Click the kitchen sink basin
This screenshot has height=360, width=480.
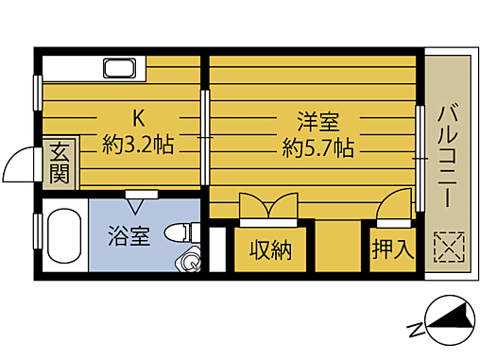coord(120,69)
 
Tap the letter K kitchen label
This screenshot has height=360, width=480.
coord(138,119)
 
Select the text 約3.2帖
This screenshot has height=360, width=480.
coord(138,146)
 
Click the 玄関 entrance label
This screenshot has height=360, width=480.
coord(60,162)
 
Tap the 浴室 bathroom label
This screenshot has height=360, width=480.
coord(128,235)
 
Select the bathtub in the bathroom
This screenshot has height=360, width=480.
coord(63,239)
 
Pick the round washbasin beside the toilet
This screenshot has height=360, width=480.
coord(192,261)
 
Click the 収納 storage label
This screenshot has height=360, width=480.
coord(270,250)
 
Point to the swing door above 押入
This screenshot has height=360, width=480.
coord(398,203)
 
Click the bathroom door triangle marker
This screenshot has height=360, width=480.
coord(142,195)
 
